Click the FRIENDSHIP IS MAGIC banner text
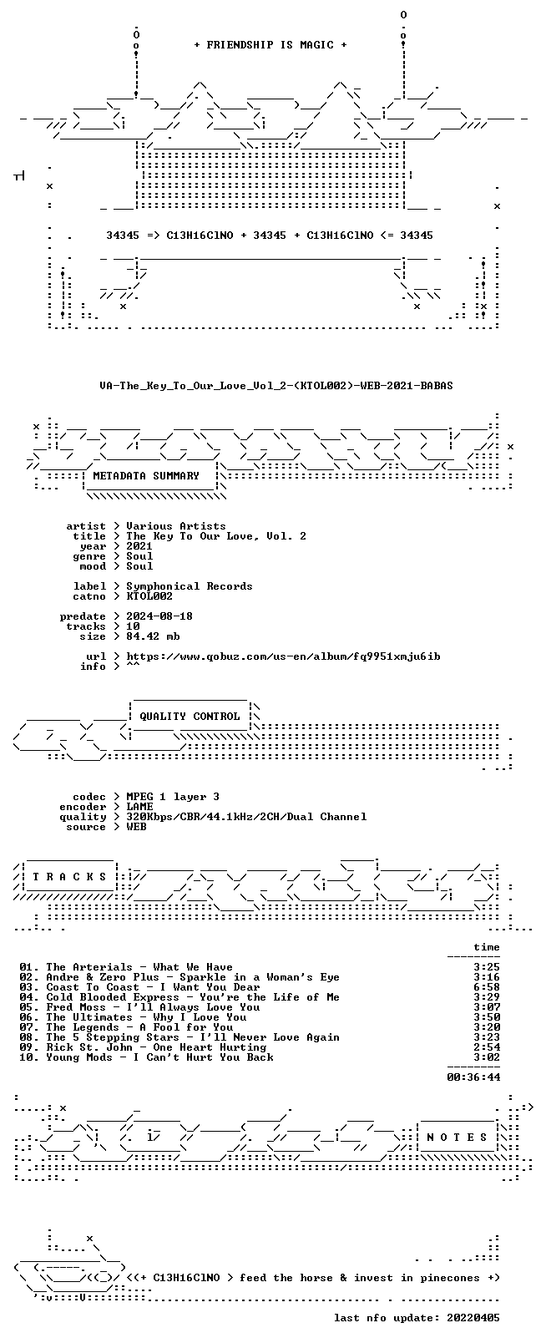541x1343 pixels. click(x=270, y=45)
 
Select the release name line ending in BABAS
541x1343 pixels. click(x=276, y=386)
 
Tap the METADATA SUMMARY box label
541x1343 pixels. click(x=146, y=476)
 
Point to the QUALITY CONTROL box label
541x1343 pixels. click(x=190, y=717)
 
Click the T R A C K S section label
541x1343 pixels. click(x=69, y=877)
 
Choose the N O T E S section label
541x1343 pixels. click(x=458, y=1138)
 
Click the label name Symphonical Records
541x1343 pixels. click(x=190, y=586)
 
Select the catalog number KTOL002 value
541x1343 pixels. click(x=149, y=596)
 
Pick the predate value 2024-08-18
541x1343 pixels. click(x=159, y=616)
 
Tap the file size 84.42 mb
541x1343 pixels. click(x=153, y=636)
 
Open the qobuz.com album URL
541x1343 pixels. click(x=283, y=656)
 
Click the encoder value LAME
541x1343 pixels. click(x=139, y=807)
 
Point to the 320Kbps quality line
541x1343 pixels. click(x=246, y=817)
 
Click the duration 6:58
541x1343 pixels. click(x=487, y=987)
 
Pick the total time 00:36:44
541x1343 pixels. click(x=473, y=1077)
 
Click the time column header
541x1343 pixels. click(x=487, y=947)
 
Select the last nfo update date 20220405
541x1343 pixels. click(x=473, y=1318)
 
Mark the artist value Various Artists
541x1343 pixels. click(x=176, y=526)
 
